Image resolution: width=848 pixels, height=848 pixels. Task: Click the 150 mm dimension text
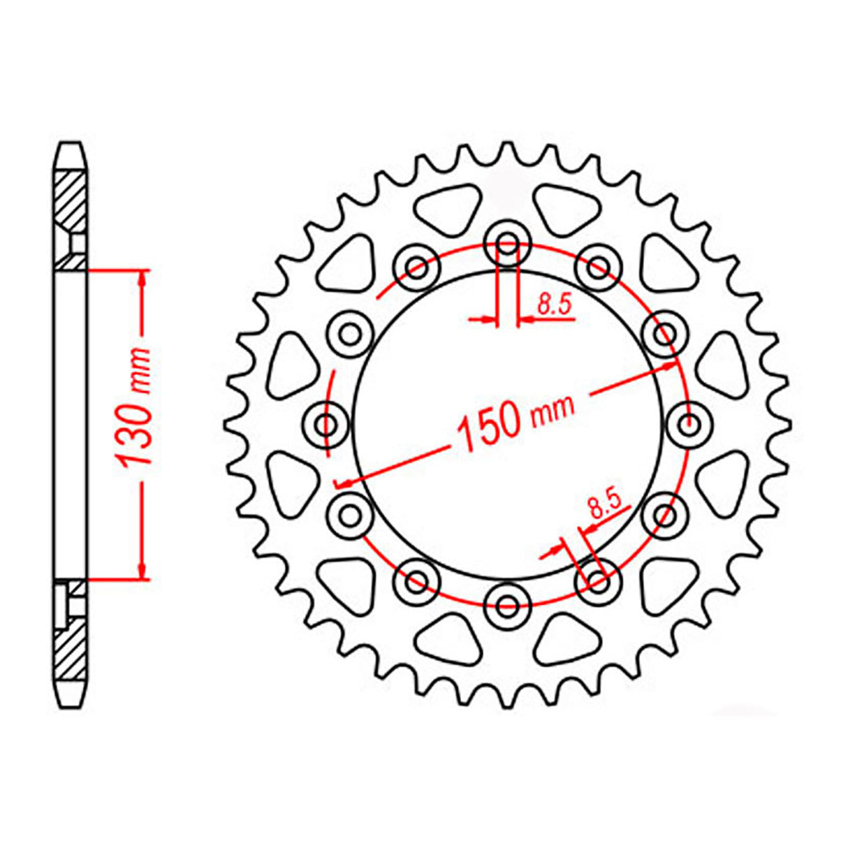(516, 419)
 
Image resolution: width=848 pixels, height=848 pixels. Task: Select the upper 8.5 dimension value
(554, 305)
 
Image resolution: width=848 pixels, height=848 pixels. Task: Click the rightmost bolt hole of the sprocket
(689, 423)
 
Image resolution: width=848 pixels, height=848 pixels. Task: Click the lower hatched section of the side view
(70, 650)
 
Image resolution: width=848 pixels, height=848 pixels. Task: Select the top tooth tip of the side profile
(71, 146)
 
